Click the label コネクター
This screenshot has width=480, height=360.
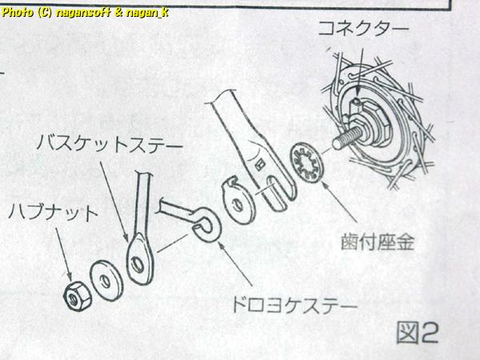pyautogui.click(x=363, y=29)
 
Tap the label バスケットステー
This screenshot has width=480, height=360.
pyautogui.click(x=110, y=143)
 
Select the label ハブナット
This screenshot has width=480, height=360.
pyautogui.click(x=53, y=213)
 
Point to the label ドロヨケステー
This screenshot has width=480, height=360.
pyautogui.click(x=294, y=304)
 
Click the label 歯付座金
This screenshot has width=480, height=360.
pyautogui.click(x=378, y=242)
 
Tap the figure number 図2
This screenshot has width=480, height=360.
pyautogui.click(x=418, y=332)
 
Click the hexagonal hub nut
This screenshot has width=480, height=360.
pyautogui.click(x=77, y=296)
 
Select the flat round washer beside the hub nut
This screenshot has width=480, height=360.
pyautogui.click(x=106, y=281)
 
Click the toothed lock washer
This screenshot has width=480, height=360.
pyautogui.click(x=306, y=162)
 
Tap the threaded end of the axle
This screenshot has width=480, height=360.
pyautogui.click(x=347, y=138)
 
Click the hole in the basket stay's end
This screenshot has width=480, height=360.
pyautogui.click(x=138, y=264)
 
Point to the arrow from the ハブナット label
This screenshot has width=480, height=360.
pyautogui.click(x=64, y=254)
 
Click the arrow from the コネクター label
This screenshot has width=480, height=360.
pyautogui.click(x=360, y=73)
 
